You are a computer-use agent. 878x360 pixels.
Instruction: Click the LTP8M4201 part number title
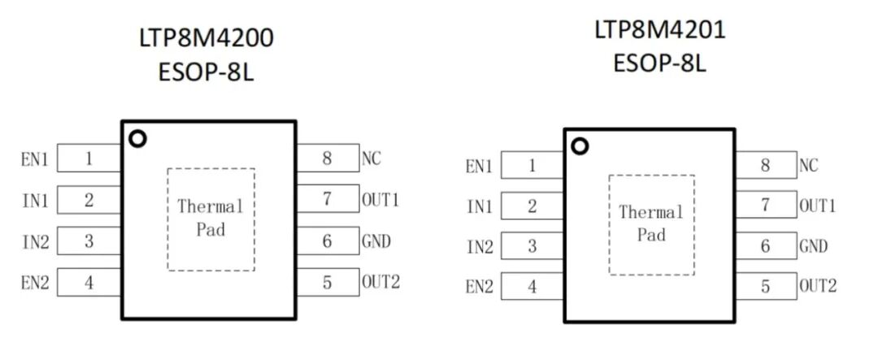click(659, 30)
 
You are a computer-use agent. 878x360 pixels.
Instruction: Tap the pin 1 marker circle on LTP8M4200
click(137, 139)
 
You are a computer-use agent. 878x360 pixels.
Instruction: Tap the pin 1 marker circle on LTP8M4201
click(580, 146)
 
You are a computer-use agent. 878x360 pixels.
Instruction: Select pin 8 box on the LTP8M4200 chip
click(328, 158)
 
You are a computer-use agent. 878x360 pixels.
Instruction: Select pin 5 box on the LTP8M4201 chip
click(765, 286)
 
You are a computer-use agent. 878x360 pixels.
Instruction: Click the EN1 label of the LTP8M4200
click(35, 159)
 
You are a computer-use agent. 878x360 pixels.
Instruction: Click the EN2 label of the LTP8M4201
click(479, 287)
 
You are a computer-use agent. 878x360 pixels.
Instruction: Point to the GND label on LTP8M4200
click(376, 241)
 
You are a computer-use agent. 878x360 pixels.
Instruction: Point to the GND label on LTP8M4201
click(813, 246)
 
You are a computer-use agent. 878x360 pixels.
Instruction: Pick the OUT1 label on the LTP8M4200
click(380, 199)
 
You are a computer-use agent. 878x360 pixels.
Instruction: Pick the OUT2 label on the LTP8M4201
click(817, 286)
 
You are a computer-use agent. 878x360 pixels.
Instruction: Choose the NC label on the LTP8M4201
click(808, 166)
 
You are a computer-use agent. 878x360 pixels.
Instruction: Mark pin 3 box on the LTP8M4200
click(89, 241)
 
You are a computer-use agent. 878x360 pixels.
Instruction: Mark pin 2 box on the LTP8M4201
click(532, 206)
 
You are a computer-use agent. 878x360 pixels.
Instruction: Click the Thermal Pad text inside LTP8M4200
click(211, 218)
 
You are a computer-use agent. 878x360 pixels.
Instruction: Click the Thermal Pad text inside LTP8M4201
click(651, 223)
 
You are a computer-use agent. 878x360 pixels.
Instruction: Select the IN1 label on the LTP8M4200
click(35, 200)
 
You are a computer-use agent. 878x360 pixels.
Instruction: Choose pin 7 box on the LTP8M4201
click(765, 206)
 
